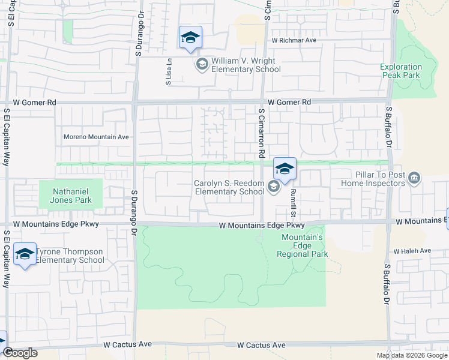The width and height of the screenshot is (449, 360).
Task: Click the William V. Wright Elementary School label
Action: [246, 65]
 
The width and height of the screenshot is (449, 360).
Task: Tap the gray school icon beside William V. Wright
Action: [202, 64]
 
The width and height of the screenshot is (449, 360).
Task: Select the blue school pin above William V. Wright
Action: [190, 38]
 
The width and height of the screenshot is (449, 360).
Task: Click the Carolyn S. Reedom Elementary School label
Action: [229, 188]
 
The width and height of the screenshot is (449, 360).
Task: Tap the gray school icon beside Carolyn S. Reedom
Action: [273, 187]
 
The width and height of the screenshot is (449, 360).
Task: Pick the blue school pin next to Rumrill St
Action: [285, 169]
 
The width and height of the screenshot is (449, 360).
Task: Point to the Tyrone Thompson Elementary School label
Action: [70, 256]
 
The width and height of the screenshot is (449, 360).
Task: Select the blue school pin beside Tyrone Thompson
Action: [25, 255]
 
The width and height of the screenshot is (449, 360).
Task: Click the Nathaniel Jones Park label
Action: [66, 196]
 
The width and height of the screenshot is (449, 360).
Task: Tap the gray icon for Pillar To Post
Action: [414, 178]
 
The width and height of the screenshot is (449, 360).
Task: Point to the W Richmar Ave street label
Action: [294, 41]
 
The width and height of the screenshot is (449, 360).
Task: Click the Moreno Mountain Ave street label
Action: [96, 137]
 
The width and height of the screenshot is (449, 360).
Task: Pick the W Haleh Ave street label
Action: [412, 250]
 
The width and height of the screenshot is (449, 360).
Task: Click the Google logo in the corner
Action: [20, 353]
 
